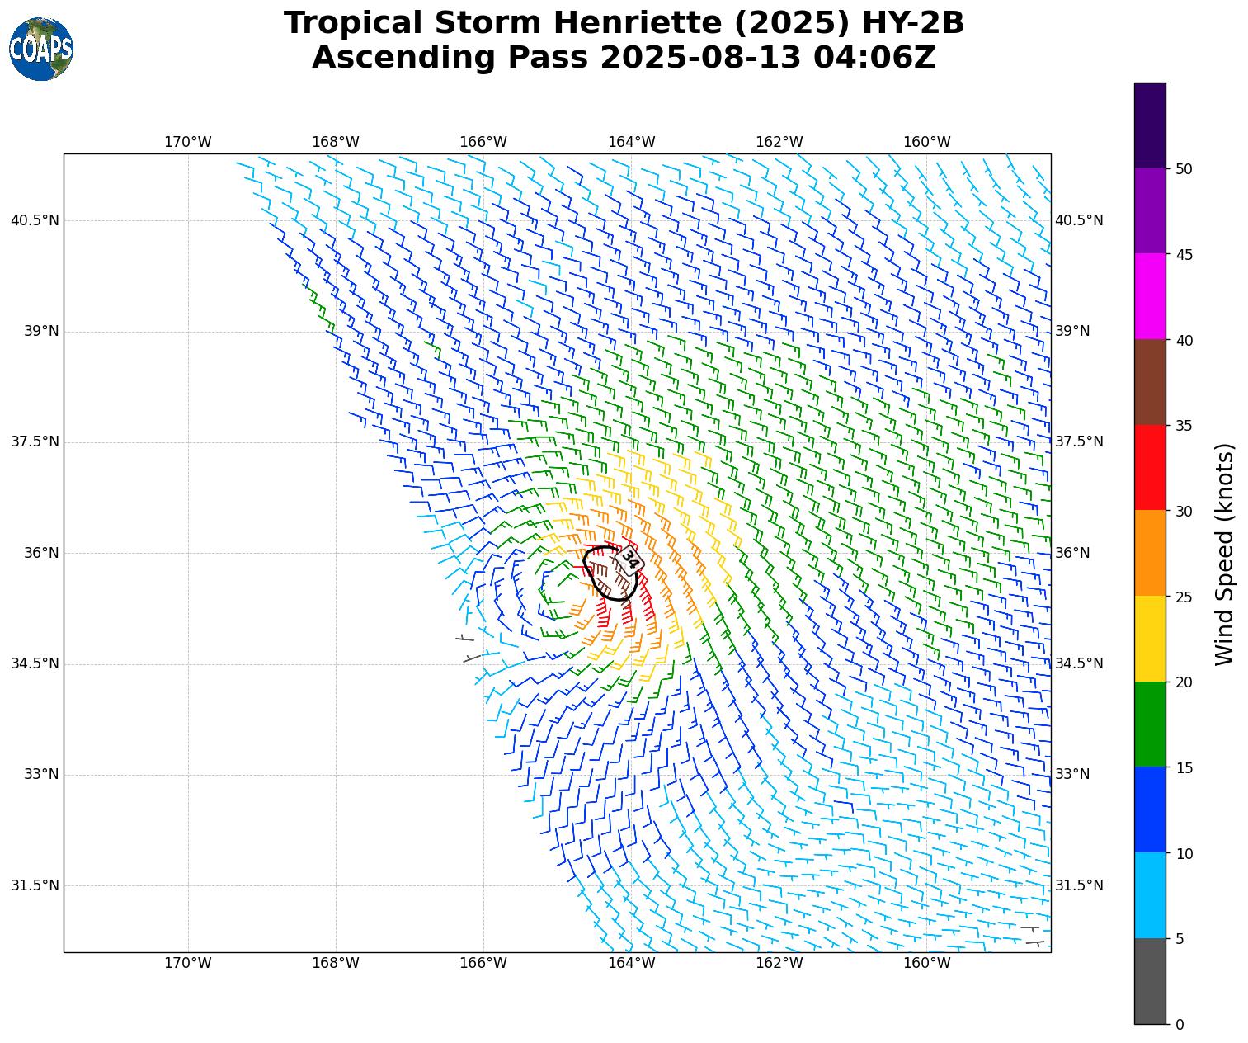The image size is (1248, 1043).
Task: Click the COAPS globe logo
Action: click(41, 50)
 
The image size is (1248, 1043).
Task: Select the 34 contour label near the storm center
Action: click(629, 560)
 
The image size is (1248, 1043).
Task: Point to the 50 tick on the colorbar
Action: click(1184, 169)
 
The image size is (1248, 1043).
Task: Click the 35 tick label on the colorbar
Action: click(1184, 426)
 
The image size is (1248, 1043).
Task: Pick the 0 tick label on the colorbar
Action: click(1180, 1025)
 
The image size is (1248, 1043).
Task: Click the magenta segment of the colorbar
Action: click(1151, 296)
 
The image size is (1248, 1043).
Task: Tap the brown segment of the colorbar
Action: click(1151, 382)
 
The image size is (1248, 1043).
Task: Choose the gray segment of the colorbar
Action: click(1151, 981)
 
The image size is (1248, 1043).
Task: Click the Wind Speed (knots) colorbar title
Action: click(1226, 554)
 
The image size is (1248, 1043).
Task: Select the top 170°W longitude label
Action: click(188, 142)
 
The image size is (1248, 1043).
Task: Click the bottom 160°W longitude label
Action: click(927, 963)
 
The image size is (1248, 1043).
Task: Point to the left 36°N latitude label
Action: click(35, 553)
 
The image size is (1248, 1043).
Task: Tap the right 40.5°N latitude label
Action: click(1079, 220)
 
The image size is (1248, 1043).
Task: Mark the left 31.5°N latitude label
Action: click(35, 885)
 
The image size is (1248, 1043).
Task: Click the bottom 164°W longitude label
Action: click(632, 963)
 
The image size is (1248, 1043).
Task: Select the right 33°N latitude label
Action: click(1072, 774)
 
